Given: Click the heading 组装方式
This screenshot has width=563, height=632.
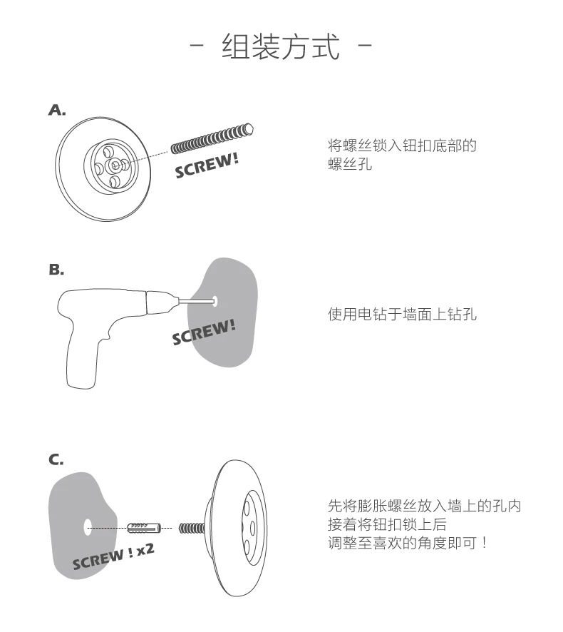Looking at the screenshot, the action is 281,46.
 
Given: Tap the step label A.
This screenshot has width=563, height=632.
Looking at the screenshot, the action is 57,110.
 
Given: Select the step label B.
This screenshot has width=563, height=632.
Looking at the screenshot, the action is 56,269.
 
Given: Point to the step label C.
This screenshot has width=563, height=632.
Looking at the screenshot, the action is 56,459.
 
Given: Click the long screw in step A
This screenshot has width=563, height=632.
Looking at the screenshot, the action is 212,138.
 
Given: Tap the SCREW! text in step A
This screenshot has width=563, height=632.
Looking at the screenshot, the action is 207,165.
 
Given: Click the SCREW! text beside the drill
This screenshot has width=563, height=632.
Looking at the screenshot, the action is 204,332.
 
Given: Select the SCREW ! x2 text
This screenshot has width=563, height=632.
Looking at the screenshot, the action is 113,556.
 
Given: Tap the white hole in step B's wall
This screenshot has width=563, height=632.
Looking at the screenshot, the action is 215,301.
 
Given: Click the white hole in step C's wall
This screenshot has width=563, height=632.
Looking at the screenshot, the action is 88,527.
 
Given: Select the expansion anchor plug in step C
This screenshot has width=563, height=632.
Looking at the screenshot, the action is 144,528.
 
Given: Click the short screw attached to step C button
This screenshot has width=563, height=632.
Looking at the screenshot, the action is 192,528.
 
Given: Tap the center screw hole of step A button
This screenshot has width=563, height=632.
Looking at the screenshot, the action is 115,165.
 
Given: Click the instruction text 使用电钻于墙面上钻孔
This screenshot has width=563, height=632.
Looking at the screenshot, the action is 403,314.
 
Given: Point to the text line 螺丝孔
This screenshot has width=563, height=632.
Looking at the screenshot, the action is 350,164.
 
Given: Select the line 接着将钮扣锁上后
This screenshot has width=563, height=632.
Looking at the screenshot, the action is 387,524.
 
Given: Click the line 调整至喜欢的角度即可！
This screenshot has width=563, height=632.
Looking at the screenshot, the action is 408,543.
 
